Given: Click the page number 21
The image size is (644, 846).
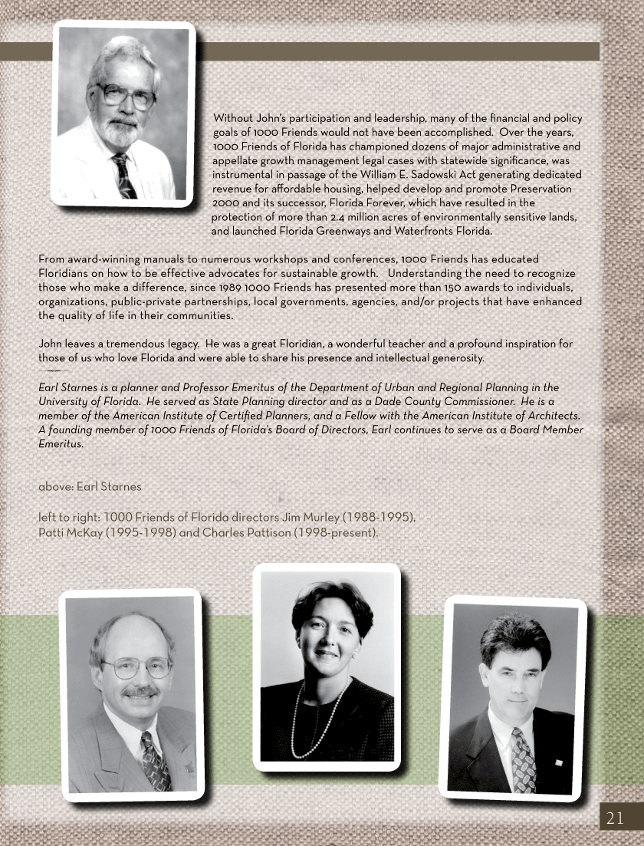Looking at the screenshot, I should pos(615,818).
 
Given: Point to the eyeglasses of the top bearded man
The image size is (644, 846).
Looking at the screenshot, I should pos(127,96).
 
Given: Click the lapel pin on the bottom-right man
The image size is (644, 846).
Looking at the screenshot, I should pos(558,762).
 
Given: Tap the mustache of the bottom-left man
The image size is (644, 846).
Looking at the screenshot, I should pos(140,691).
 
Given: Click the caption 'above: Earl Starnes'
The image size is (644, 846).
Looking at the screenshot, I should pos(90,486).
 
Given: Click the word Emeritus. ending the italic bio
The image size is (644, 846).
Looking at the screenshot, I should pos(61,444).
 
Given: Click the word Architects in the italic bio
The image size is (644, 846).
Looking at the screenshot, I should pos(550,415).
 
